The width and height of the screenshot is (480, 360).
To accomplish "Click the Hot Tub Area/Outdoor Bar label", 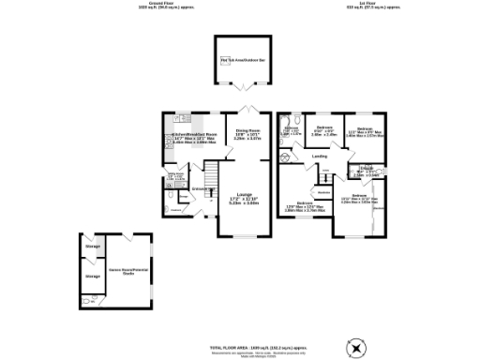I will point(239,61).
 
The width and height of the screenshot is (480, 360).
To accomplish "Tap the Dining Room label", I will point(247,133).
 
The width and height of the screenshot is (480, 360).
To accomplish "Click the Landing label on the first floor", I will point(319,157).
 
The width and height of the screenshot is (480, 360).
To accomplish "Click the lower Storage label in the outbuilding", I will point(92,277).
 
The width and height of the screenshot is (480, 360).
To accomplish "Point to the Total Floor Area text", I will point(240,347).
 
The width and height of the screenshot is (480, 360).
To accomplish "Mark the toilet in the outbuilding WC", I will point(86,303).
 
